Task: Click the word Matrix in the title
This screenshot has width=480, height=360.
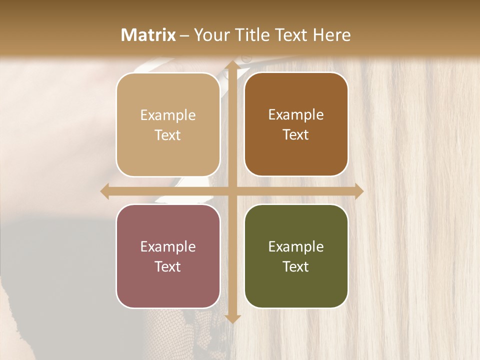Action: pos(148,34)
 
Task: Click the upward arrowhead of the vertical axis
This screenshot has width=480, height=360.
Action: pos(232,65)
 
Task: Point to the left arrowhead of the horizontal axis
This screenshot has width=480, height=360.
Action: pos(105,191)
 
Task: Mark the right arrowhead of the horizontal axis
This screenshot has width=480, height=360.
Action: pos(358,191)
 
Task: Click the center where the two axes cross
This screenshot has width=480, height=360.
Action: pos(232,191)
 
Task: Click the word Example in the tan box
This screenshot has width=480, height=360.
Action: pos(168,115)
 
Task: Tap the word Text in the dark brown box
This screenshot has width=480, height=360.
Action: pos(296,135)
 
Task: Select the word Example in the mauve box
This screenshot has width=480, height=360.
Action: pos(168,247)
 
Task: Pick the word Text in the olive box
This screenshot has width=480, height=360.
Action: pos(296,267)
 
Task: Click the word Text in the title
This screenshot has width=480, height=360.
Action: pos(294,34)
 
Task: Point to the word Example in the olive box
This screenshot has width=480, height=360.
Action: pos(296,247)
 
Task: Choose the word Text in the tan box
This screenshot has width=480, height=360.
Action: pos(168,135)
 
